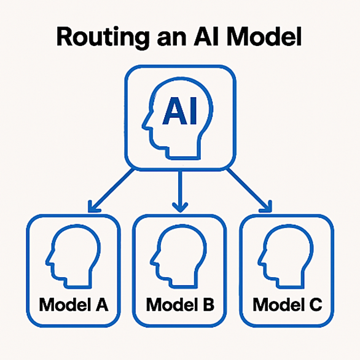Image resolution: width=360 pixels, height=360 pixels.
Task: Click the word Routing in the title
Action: tap(103, 38)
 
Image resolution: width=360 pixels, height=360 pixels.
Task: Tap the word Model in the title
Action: tap(264, 37)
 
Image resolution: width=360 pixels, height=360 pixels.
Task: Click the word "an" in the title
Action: tap(171, 39)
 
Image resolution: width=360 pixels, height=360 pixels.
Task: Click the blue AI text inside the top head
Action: tap(179, 111)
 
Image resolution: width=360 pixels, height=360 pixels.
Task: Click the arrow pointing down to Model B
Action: tap(180, 191)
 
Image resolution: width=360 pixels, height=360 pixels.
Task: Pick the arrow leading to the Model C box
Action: tap(249, 190)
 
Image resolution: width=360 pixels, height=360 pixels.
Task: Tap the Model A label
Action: tap(74, 305)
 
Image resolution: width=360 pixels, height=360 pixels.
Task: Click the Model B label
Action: tap(180, 305)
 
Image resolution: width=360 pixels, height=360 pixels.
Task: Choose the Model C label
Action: tap(288, 305)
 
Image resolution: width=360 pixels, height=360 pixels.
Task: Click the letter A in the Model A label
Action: tap(101, 305)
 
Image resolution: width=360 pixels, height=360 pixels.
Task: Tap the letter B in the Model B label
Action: tap(208, 305)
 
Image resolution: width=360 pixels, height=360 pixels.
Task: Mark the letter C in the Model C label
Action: tap(315, 305)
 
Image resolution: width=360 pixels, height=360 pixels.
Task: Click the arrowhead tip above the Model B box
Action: tap(180, 212)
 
